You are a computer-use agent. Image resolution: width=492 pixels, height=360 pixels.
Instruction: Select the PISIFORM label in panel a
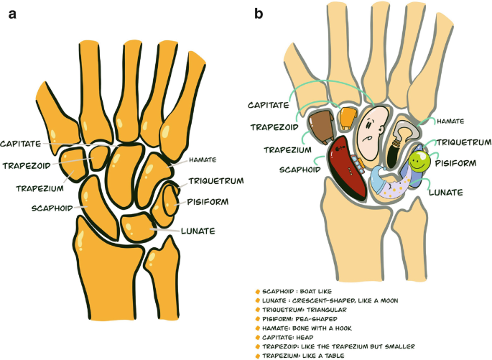pyautogui.click(x=206, y=202)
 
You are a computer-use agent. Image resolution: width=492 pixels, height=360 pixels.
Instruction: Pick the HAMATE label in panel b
pyautogui.click(x=450, y=121)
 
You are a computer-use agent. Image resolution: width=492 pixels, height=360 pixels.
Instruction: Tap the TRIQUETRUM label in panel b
pyautogui.click(x=461, y=142)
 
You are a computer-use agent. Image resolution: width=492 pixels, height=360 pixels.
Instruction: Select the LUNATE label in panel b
pyautogui.click(x=445, y=192)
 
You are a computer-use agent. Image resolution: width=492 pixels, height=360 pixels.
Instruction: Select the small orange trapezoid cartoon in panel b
pyautogui.click(x=348, y=116)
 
